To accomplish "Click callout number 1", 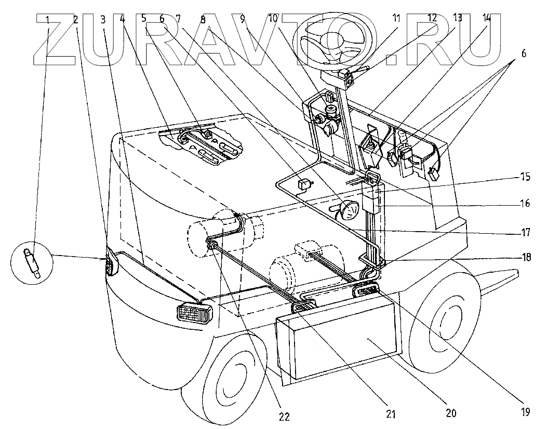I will tap(48, 20).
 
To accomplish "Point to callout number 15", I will tap(525, 177).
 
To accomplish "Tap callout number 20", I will tap(450, 413).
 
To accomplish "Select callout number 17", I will tap(526, 233).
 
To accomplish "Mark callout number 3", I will tap(103, 20).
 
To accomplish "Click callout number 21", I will tap(391, 414).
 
